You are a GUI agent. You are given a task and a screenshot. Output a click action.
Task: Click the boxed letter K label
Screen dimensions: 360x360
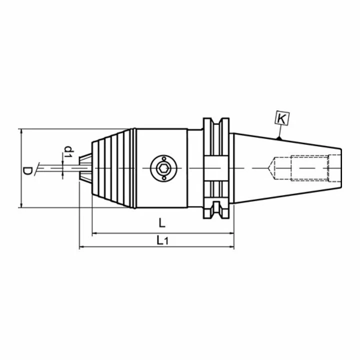(x=281, y=119)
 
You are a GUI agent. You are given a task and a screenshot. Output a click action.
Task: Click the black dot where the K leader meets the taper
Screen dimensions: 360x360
(x=280, y=138)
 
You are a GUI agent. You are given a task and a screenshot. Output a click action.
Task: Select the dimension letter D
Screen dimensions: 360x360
(x=28, y=170)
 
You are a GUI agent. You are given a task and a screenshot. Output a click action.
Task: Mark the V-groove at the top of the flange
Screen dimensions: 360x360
(x=216, y=125)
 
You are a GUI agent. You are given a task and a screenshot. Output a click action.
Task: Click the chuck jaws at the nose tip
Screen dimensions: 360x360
(x=86, y=167)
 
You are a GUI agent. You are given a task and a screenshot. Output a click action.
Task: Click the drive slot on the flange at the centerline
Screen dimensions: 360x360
(x=216, y=167)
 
